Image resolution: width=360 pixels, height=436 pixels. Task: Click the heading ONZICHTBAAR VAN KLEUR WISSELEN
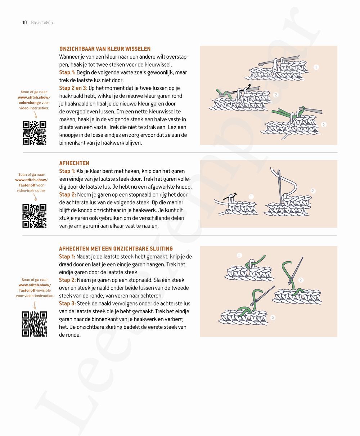105,49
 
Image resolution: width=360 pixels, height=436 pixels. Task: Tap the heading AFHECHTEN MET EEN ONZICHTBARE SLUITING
116,248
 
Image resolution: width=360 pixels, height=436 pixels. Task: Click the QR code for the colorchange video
35,133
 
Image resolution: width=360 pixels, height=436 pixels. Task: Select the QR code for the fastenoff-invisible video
35,324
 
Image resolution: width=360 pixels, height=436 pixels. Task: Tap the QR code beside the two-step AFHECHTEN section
35,216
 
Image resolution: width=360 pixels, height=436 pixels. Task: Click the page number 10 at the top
24,23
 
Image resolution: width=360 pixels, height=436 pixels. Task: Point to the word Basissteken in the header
42,23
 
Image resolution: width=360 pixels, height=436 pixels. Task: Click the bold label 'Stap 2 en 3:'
73,88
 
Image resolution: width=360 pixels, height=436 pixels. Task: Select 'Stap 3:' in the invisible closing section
67,304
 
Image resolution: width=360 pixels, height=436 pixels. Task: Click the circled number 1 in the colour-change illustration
316,67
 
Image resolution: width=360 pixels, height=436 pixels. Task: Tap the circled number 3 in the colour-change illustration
324,125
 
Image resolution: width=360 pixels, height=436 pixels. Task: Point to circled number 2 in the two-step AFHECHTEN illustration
313,191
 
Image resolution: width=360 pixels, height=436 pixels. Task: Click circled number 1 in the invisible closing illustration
239,255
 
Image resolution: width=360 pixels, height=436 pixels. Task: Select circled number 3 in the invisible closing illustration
273,317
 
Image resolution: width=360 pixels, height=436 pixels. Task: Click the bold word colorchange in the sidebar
30,103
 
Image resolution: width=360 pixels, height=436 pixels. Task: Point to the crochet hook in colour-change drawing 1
288,59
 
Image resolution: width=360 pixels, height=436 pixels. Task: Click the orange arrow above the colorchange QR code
35,115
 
